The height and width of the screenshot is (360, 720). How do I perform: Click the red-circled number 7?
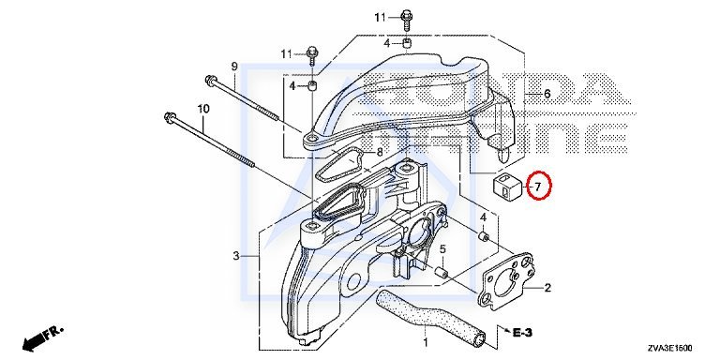tap(538, 186)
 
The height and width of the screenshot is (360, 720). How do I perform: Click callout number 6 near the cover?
tap(547, 94)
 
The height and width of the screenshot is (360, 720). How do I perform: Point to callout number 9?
tap(234, 67)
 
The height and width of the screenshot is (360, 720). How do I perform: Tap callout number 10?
tap(203, 109)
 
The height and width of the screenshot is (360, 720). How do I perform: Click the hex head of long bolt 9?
tap(211, 80)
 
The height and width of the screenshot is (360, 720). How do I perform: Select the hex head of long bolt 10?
tap(171, 117)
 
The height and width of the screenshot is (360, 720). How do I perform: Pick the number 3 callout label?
tap(236, 256)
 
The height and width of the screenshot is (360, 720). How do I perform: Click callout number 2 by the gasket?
tap(547, 289)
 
